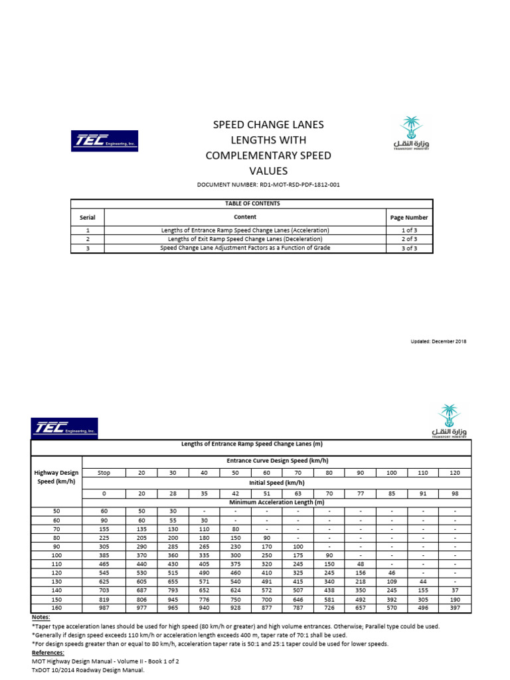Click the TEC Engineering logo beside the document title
(104, 141)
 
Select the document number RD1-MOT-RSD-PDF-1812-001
(269, 185)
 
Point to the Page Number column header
(409, 217)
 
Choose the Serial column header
(87, 217)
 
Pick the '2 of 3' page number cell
(409, 239)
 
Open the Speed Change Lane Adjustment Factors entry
(245, 248)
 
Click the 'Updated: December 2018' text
(439, 341)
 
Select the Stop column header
(104, 473)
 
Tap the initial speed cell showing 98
(455, 493)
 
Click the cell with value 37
(455, 590)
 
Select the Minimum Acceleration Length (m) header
(277, 503)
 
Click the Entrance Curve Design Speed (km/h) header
(277, 461)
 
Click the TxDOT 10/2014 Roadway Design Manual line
(87, 670)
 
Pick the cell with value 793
(173, 590)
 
